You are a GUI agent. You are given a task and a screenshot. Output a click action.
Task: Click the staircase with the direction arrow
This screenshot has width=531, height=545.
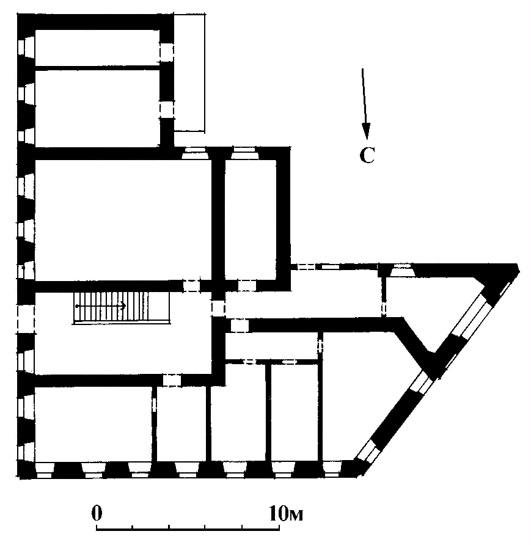[121, 307]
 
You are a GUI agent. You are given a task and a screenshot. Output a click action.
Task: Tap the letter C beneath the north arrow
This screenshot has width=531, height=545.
[367, 155]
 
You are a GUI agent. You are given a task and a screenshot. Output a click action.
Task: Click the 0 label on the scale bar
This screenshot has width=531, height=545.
[97, 513]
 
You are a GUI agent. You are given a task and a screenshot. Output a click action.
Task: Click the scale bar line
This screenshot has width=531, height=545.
[188, 529]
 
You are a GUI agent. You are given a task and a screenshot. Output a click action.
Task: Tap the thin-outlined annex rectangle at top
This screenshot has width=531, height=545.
[189, 72]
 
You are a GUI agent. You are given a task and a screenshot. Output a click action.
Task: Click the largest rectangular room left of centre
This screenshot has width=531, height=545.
[123, 220]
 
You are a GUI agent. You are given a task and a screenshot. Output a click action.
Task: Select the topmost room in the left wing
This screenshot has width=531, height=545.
[97, 47]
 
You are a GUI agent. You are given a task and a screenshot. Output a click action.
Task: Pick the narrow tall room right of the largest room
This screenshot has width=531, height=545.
[251, 220]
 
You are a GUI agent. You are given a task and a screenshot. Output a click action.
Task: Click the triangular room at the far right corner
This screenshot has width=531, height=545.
[434, 309]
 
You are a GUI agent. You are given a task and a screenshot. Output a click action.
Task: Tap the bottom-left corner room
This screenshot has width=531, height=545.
[93, 425]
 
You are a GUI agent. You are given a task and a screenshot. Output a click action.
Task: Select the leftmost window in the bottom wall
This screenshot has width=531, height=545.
[44, 470]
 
